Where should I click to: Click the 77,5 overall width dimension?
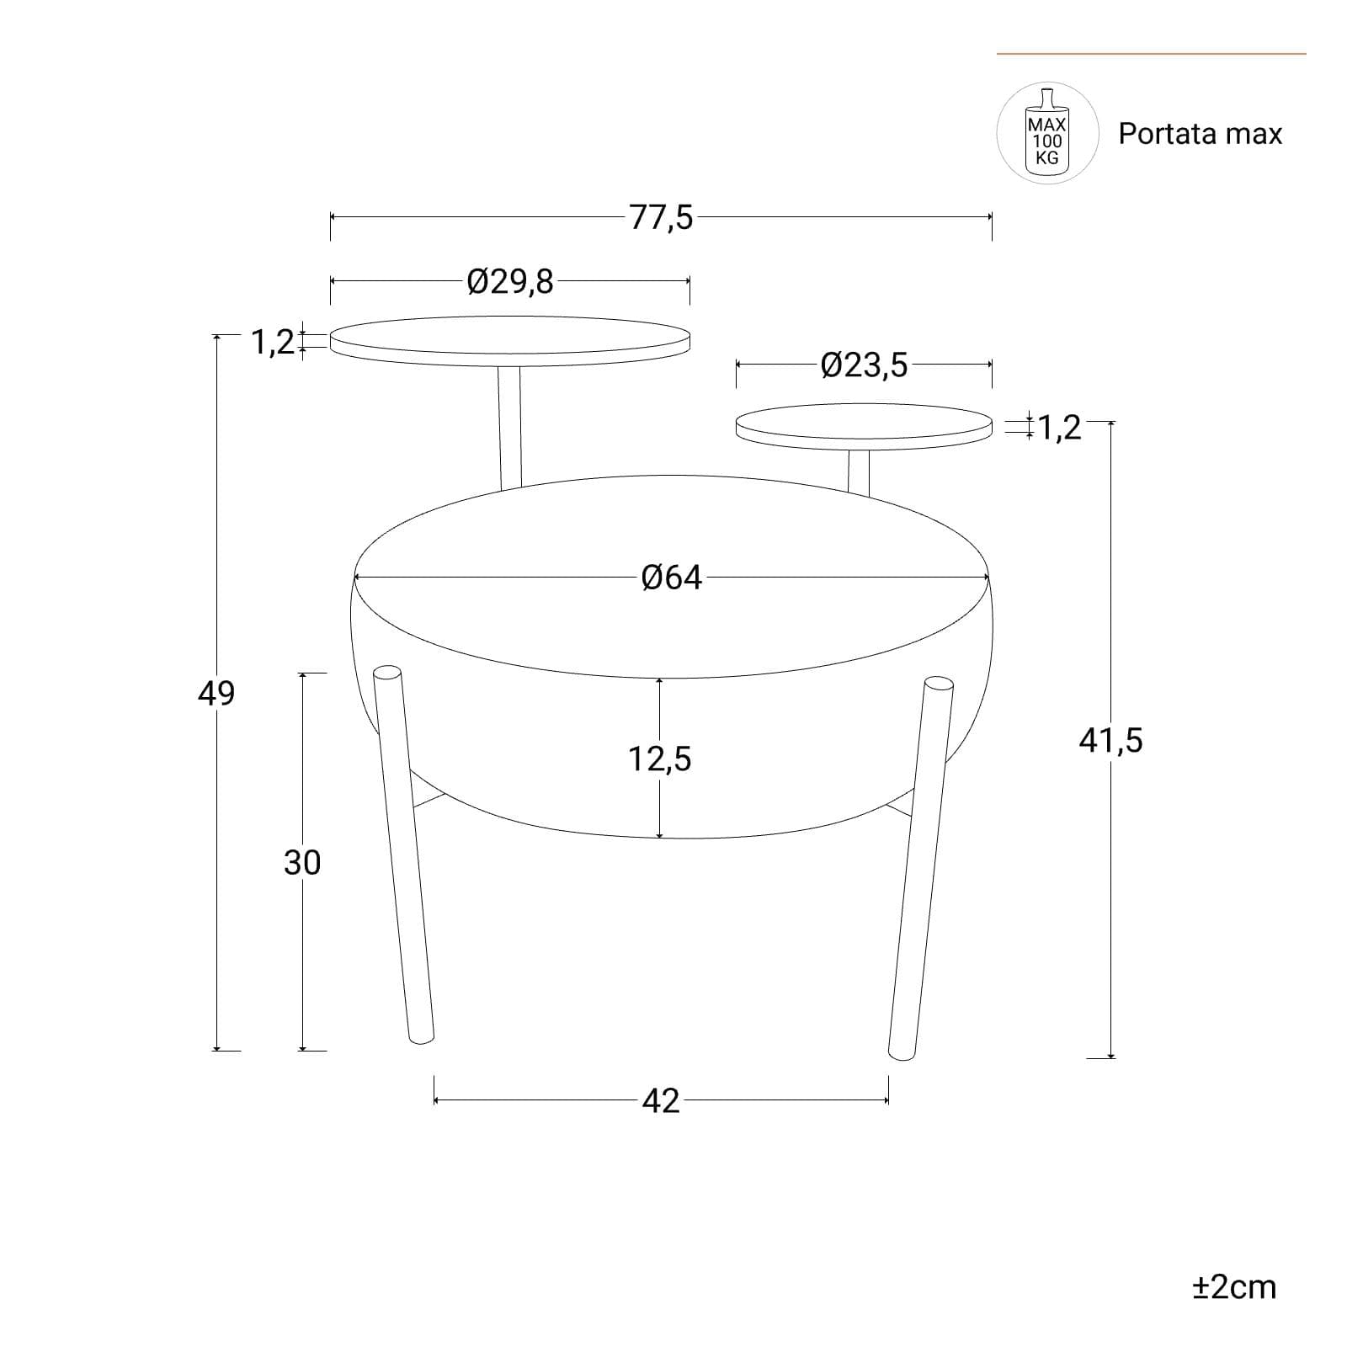tap(662, 217)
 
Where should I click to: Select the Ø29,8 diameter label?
tap(510, 281)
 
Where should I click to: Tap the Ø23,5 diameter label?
tap(865, 365)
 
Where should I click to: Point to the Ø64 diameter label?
tap(671, 578)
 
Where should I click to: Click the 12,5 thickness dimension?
tap(659, 759)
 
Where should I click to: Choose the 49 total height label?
tap(216, 693)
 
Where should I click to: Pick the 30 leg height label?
tap(302, 863)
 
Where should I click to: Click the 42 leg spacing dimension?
tap(661, 1100)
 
